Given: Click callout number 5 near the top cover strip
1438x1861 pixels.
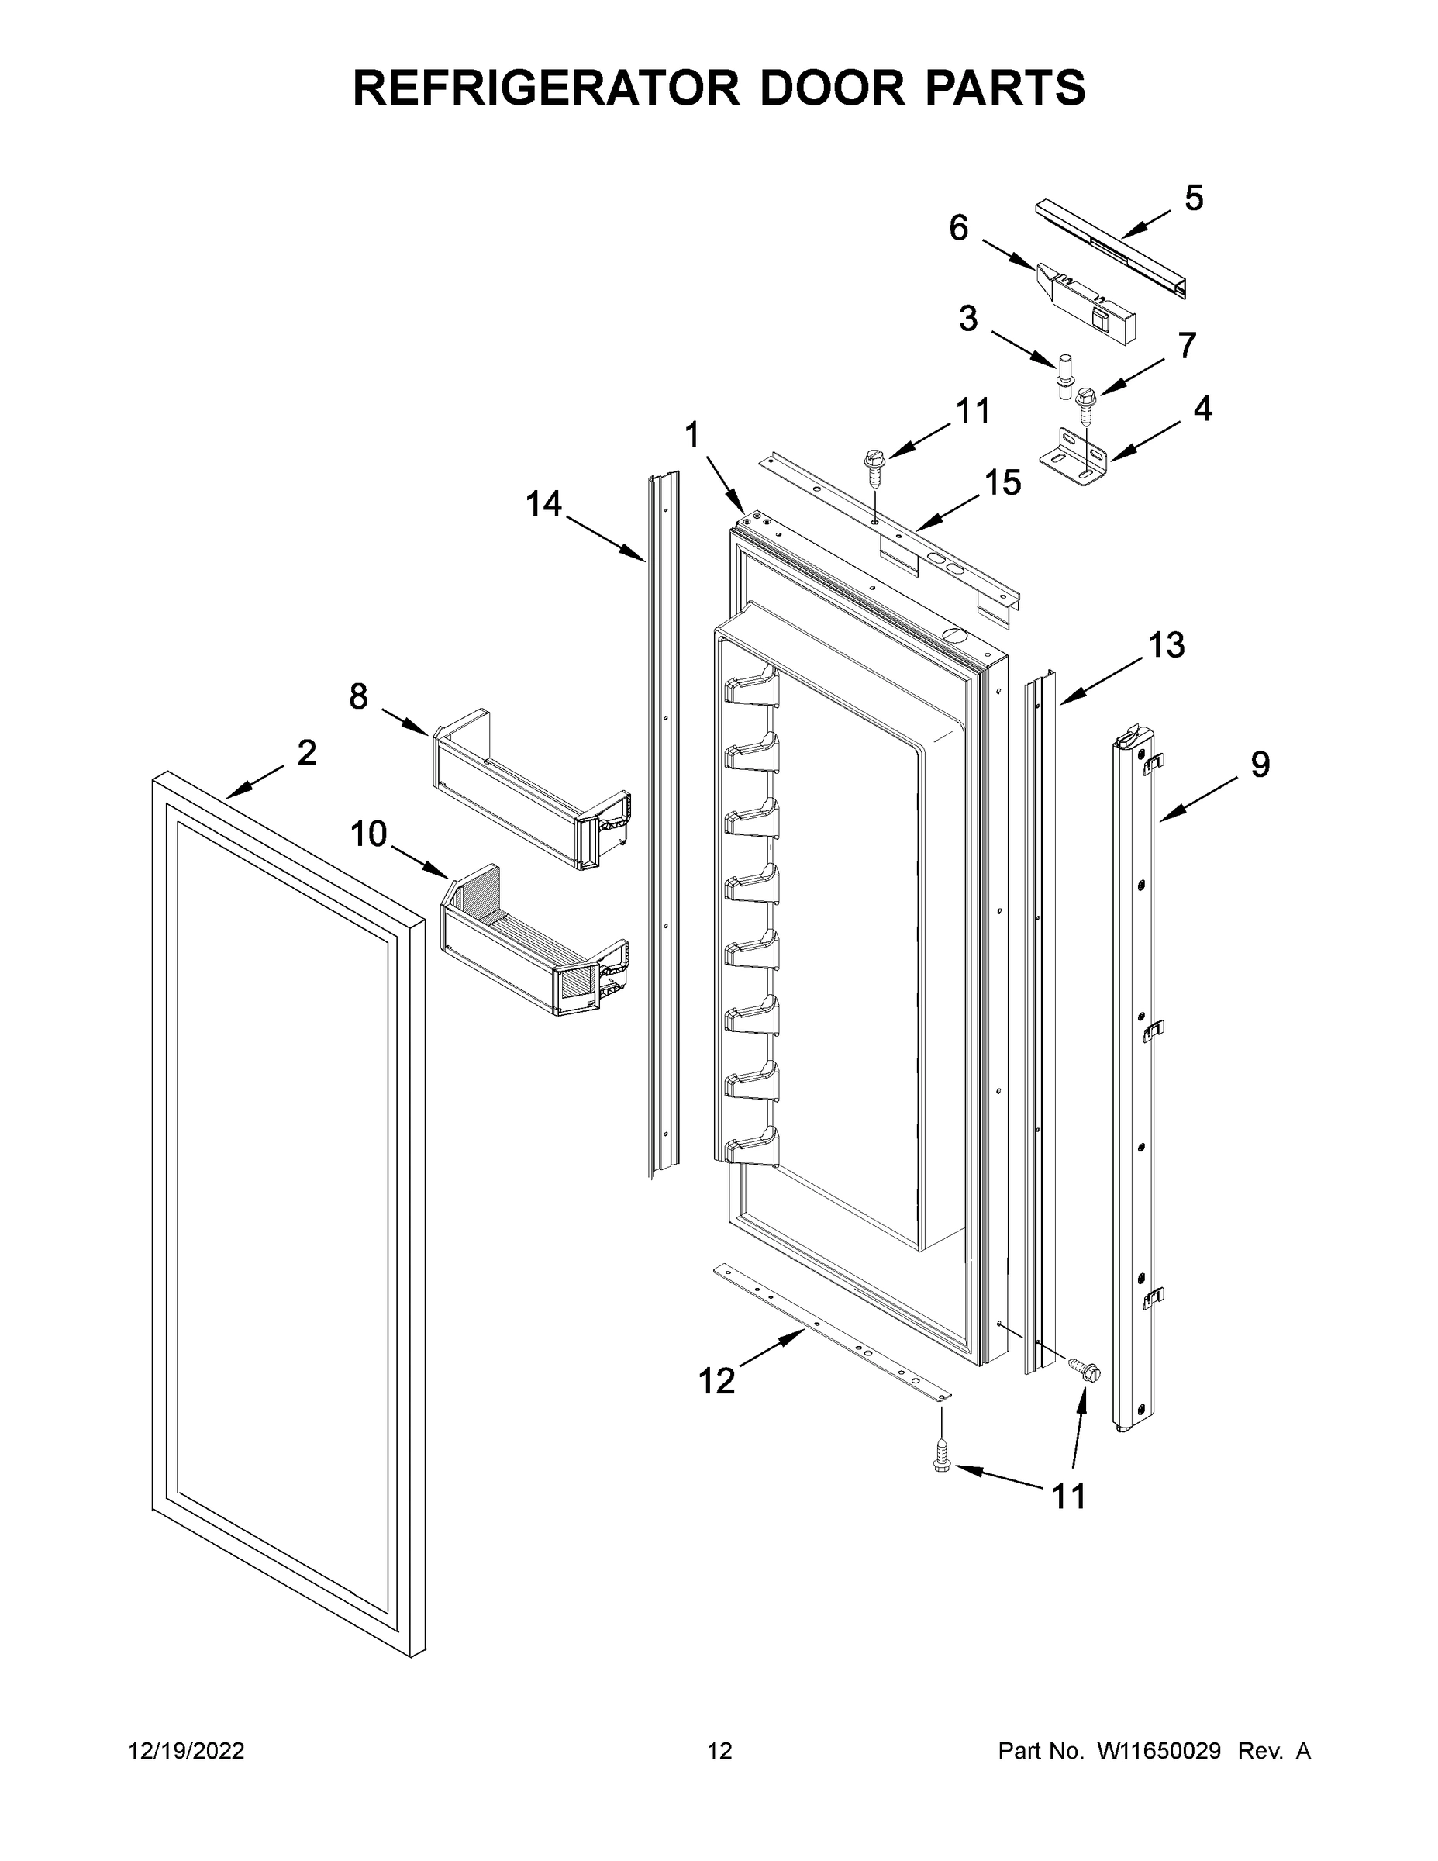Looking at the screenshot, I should [1194, 199].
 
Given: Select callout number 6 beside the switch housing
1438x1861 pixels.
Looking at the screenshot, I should [958, 229].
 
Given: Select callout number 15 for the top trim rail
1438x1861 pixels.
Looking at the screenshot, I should [1002, 483].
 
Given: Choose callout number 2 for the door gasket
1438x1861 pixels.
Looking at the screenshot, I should [307, 752].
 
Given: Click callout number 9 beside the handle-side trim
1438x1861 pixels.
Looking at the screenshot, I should [1260, 765].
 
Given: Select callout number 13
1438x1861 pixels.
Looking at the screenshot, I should [1165, 645].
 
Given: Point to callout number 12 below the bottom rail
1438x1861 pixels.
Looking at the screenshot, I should [716, 1381].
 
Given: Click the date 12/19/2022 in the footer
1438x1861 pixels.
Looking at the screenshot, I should [187, 1751].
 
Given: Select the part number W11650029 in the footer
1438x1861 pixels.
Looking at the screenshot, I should [1160, 1751].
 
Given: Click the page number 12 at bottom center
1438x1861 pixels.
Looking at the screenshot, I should [719, 1751].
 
